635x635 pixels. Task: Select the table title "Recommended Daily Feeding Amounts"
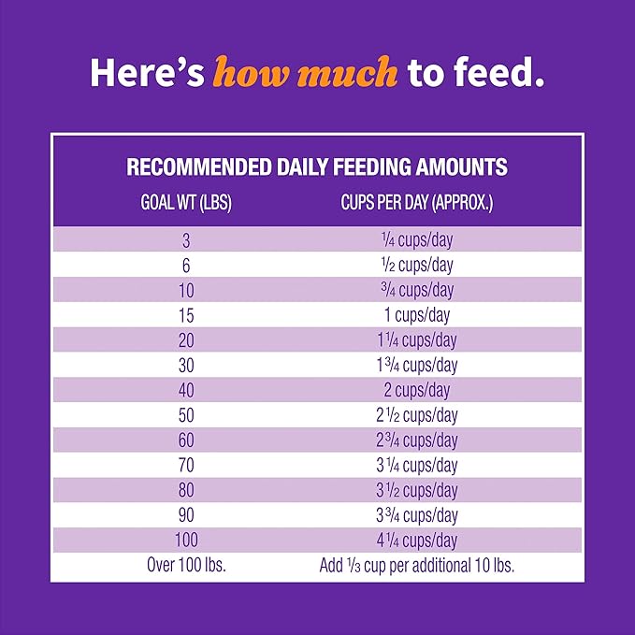[317, 167]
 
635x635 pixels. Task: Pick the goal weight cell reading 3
[186, 239]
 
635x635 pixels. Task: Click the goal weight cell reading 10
[186, 290]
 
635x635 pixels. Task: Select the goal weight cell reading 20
[186, 340]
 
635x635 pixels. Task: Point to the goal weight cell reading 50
[186, 415]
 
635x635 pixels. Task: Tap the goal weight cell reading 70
[186, 466]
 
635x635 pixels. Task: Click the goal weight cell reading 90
[186, 515]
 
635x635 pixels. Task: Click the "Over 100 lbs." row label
[186, 565]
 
